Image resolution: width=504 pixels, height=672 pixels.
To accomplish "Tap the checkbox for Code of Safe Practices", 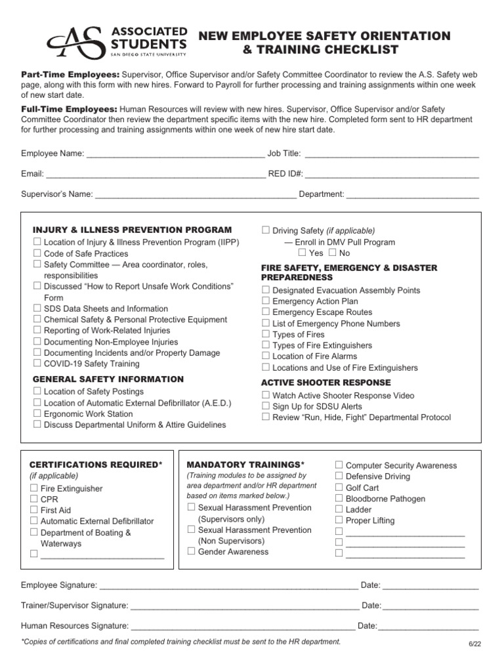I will (37, 253).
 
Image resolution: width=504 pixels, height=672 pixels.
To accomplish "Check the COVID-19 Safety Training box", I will (37, 364).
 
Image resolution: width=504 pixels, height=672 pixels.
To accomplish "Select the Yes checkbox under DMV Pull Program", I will (302, 253).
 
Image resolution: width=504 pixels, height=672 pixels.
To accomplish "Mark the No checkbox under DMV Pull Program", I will (332, 253).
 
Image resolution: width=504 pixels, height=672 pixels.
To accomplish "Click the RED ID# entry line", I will (392, 175).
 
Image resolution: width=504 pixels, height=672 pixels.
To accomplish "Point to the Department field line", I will (412, 195).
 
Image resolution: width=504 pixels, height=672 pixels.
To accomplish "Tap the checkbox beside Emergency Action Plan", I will (266, 301).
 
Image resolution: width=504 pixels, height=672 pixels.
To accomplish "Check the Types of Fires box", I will (266, 334).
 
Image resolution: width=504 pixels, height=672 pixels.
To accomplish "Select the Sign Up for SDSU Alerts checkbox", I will (266, 406).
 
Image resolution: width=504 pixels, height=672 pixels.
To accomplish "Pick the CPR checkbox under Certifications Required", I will (33, 499).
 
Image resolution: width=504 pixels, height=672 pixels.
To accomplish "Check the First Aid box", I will (33, 510).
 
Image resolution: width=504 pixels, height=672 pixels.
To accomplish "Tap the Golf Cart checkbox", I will (339, 488).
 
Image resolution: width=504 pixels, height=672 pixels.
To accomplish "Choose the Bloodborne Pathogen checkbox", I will (339, 499).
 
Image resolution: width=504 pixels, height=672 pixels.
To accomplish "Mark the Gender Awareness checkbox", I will (191, 552).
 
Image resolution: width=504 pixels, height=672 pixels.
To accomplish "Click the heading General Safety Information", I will (108, 379).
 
